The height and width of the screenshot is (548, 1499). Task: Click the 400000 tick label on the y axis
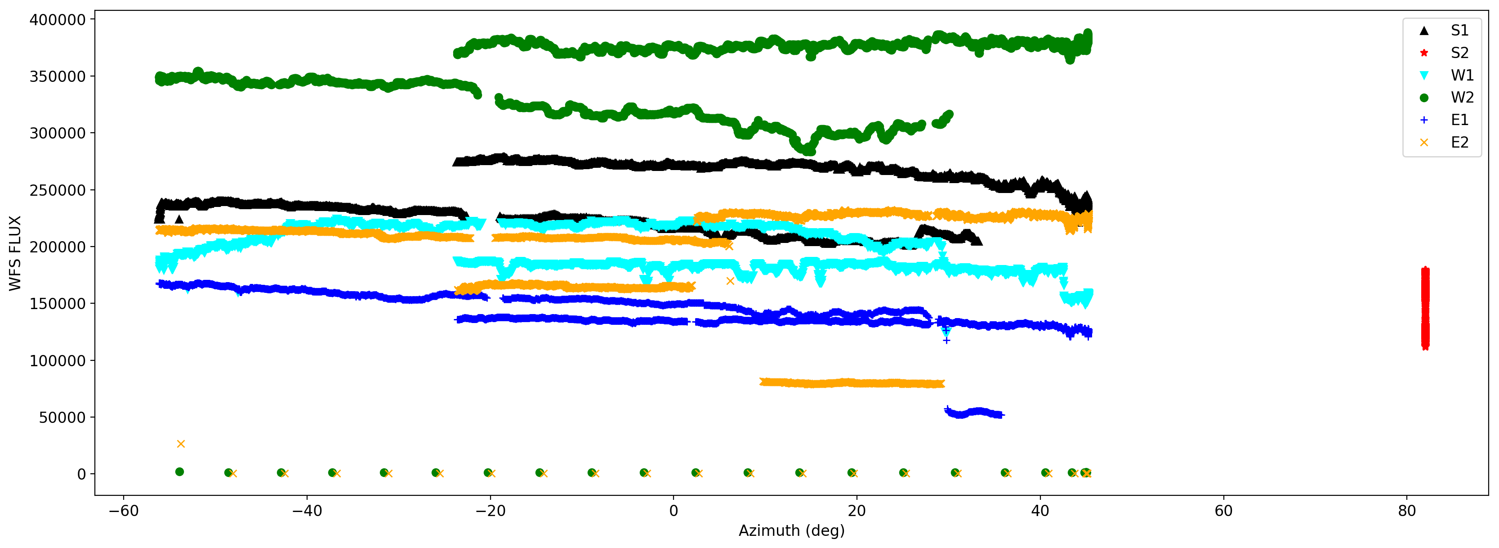click(57, 20)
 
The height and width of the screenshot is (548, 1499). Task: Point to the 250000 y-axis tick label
click(57, 190)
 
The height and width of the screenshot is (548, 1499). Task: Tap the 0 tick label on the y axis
click(81, 475)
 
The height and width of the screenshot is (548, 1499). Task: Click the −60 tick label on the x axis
click(123, 511)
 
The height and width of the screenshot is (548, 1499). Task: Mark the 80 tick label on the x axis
click(1406, 511)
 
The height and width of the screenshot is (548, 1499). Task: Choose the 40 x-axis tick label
click(1040, 511)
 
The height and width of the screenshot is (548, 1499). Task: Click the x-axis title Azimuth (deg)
click(791, 531)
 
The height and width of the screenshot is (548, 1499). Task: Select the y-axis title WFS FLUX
click(15, 253)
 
